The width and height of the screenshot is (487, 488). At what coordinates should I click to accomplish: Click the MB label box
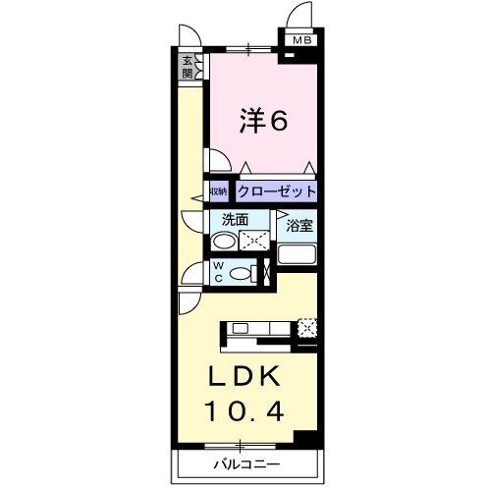298,40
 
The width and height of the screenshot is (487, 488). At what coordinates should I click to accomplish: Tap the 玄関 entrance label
187,67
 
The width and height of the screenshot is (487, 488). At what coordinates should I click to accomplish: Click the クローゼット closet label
275,190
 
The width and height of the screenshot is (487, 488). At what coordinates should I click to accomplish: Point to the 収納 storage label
217,191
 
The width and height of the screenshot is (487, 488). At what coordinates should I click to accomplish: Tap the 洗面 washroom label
234,220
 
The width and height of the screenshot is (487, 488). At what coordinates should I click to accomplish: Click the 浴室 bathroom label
298,226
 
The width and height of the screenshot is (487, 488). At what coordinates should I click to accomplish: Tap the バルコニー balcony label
244,462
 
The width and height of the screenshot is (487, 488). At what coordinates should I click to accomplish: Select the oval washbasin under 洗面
226,241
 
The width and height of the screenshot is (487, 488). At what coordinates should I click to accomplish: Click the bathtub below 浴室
298,255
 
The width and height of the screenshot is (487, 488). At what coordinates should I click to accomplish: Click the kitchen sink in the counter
240,329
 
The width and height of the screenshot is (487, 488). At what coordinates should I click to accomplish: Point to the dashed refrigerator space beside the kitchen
307,328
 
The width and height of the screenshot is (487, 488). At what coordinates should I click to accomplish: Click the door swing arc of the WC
190,276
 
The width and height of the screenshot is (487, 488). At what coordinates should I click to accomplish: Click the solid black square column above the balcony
305,439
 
